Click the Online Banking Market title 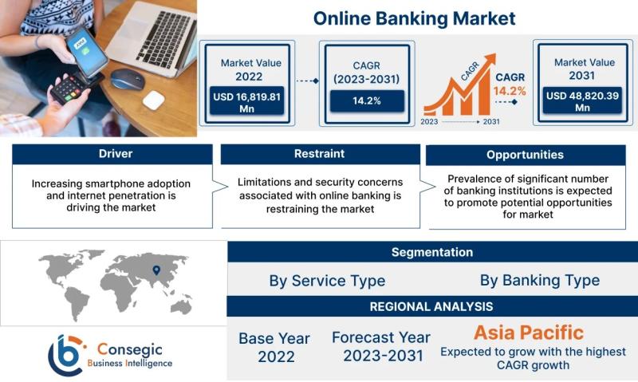coord(414,18)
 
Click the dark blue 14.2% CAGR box coord(367,101)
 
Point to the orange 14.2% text coord(510,91)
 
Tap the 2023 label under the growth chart coord(429,122)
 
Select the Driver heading coord(116,154)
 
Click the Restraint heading coord(320,154)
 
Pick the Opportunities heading coord(526,155)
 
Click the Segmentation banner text coord(432,252)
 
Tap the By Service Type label coord(327,281)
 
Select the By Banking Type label coord(540,280)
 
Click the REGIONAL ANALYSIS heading coord(431,306)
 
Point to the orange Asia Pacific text coord(529,333)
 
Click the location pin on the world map coord(156,270)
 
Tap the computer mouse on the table coord(128,78)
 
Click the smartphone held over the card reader coord(87,53)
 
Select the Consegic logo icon coord(67,355)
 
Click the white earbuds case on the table coord(154,100)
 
